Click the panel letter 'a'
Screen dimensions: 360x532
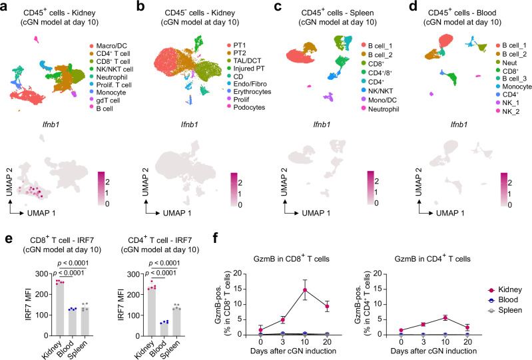click(x=5, y=7)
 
